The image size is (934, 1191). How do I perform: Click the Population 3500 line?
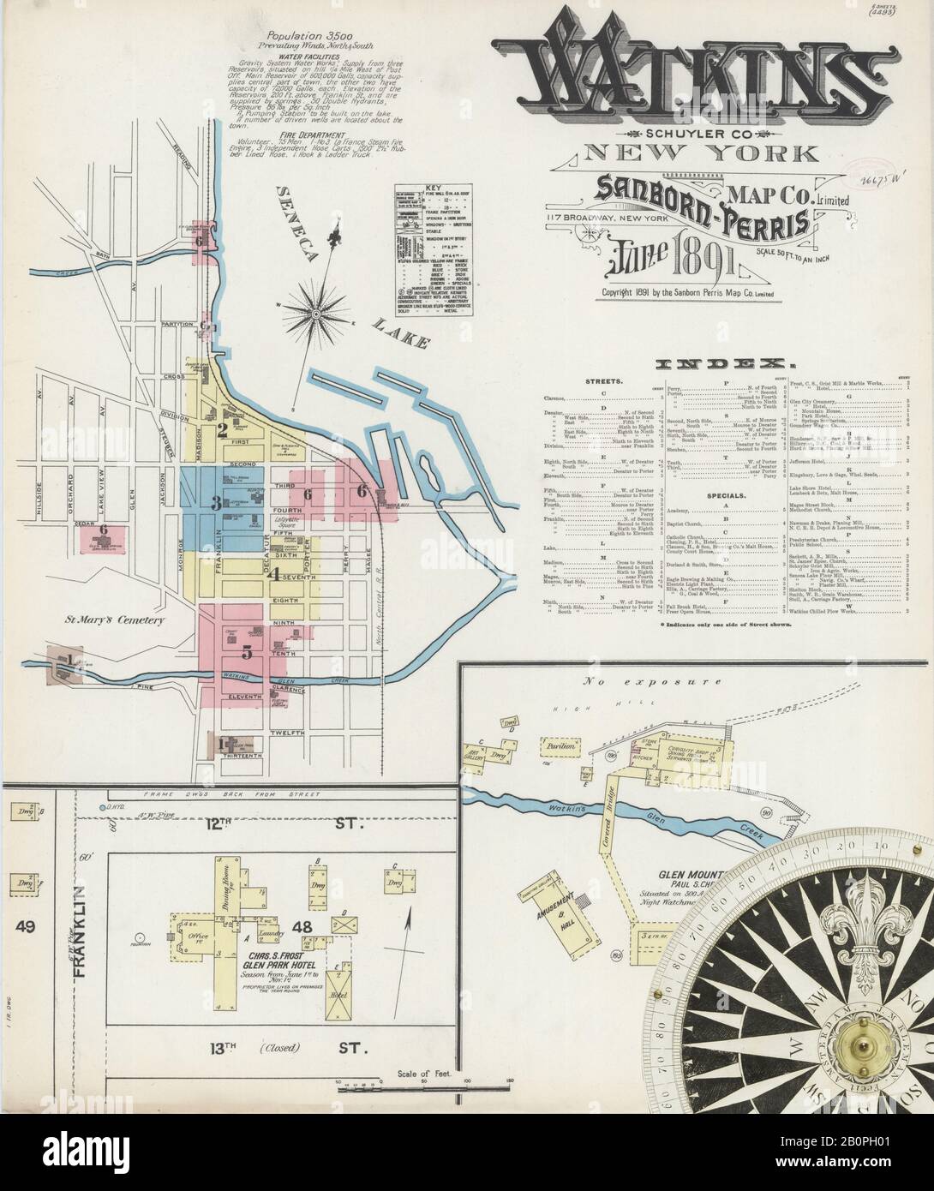tap(300, 38)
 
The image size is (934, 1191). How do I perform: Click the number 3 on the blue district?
tap(218, 501)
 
